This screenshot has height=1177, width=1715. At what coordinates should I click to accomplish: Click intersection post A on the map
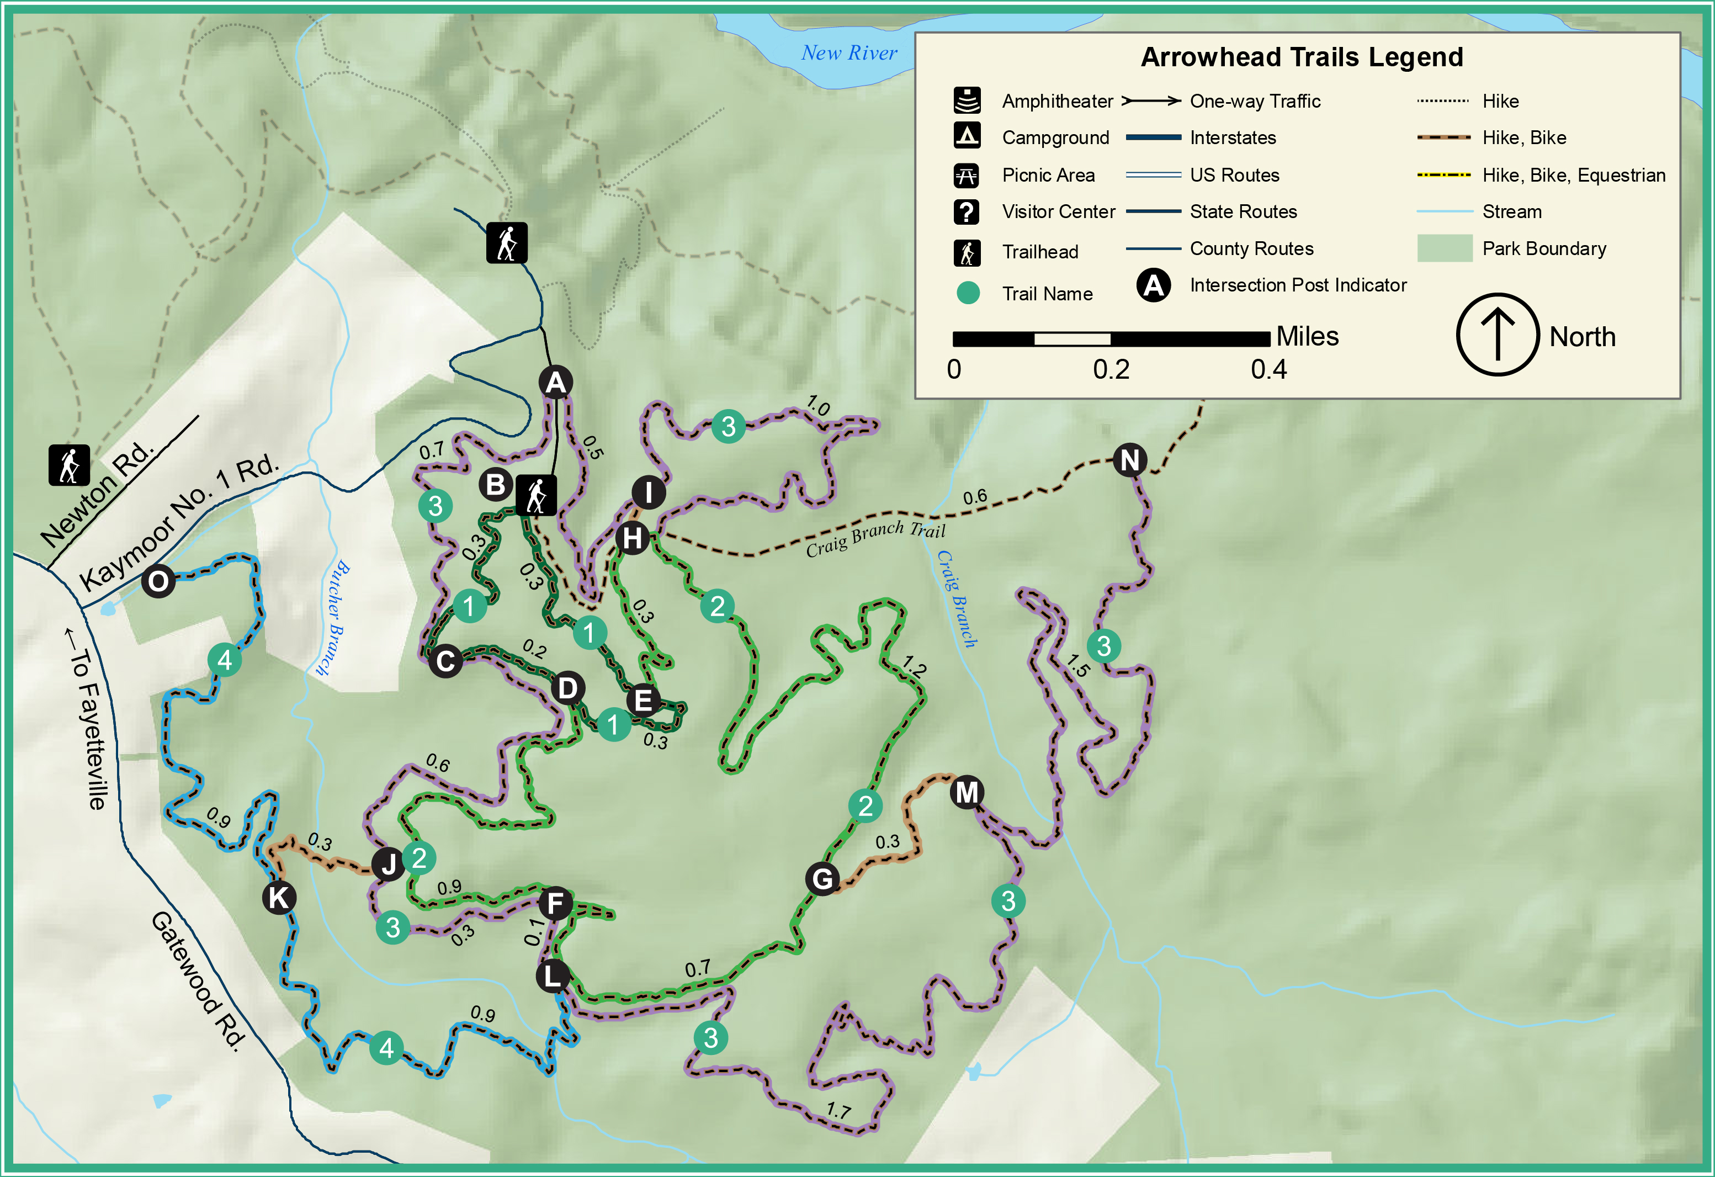[556, 382]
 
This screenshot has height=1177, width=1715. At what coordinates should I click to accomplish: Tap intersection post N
[1129, 460]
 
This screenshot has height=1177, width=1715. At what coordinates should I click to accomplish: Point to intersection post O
[158, 581]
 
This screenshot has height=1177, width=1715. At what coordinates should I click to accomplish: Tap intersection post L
[553, 975]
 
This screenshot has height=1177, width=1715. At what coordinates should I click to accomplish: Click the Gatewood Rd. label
[198, 982]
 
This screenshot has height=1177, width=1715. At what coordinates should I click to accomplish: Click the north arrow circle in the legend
[1498, 335]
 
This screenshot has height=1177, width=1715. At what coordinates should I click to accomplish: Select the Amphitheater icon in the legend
[967, 100]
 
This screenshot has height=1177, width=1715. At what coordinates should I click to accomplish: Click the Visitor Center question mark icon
[967, 212]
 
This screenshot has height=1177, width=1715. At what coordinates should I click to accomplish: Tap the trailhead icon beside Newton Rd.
[70, 465]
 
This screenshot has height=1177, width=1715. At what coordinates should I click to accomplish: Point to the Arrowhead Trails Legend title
[1302, 57]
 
